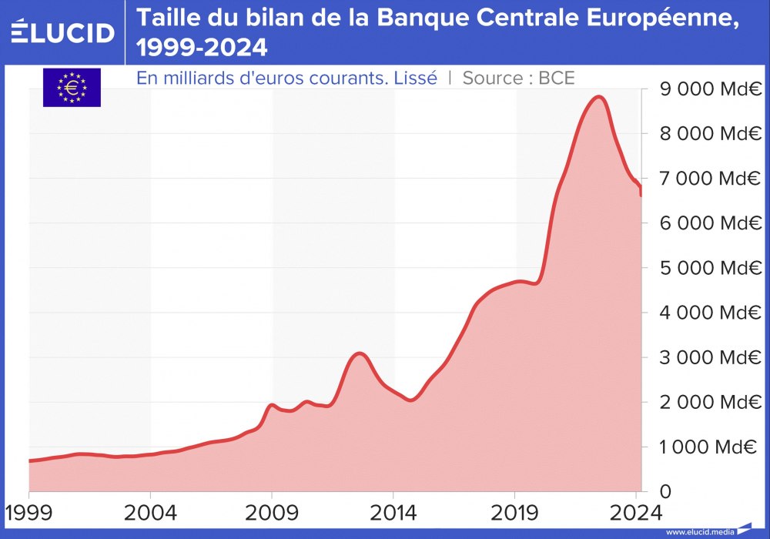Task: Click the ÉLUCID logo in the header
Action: point(62,32)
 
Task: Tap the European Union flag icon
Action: point(72,87)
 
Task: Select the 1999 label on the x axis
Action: point(28,513)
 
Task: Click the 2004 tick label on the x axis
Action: point(150,513)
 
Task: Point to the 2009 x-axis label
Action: point(272,513)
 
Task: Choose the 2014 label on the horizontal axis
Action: point(393,513)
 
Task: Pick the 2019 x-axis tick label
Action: point(514,513)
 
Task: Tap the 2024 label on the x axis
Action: point(636,513)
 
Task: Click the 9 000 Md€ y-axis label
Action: point(707,89)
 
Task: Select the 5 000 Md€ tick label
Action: point(707,268)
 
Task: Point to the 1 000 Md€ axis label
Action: point(707,447)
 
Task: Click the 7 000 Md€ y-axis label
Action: point(707,179)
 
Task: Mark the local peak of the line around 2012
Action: point(359,353)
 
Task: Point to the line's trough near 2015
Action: point(410,400)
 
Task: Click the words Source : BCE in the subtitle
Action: point(518,78)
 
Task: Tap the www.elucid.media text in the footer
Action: point(700,532)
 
